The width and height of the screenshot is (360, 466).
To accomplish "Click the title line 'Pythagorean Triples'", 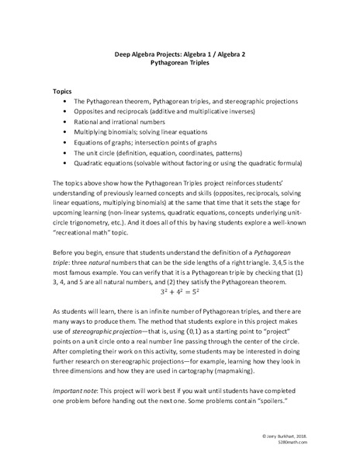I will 179,64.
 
